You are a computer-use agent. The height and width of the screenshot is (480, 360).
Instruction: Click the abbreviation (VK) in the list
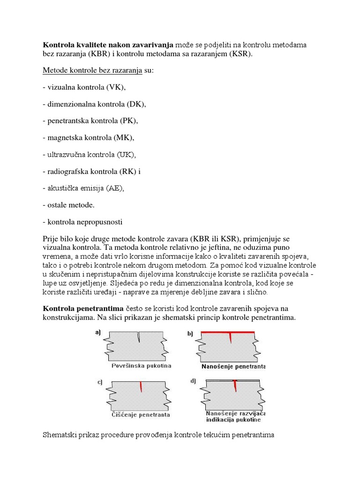coord(116,87)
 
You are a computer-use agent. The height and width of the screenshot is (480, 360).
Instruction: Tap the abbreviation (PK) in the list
coord(128,121)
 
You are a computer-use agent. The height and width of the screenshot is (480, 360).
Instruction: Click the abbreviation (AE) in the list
coord(116,188)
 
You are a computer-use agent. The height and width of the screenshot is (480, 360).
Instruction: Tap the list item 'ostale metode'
coord(71,205)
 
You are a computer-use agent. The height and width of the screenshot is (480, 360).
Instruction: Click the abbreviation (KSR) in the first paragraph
coord(239,54)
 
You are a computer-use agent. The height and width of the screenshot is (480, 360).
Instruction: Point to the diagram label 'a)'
coord(98,332)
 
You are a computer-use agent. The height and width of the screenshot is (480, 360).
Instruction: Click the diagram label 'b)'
coord(190,334)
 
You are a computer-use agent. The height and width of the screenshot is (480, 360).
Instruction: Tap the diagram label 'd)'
coord(193,381)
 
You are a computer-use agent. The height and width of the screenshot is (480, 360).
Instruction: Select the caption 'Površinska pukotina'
coord(136,365)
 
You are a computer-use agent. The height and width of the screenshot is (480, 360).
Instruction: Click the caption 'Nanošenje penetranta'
coord(233,366)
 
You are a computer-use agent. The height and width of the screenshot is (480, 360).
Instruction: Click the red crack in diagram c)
coord(141,387)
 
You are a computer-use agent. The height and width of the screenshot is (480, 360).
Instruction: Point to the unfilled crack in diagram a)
coord(139,337)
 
